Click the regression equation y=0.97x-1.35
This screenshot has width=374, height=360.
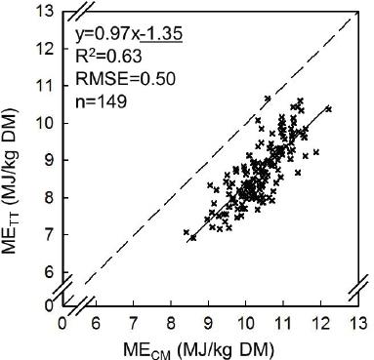pos(129,34)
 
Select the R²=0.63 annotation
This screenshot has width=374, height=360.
pos(108,57)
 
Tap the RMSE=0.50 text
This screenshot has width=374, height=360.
pos(125,79)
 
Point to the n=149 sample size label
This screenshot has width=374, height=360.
pos(101,101)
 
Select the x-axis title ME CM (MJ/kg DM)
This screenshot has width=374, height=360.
pos(198,350)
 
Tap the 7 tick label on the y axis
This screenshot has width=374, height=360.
pos(49,234)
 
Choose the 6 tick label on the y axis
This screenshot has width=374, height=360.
pos(49,271)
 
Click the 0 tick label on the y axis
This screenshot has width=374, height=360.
pos(49,305)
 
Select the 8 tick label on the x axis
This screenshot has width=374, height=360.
pos(171,324)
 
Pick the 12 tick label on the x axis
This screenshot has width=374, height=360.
pos(321,324)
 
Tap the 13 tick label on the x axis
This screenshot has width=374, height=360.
pos(358,324)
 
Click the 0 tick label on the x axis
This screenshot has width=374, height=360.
pos(62,324)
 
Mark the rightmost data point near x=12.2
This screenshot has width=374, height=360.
pos(328,109)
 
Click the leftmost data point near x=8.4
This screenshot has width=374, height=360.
pos(187,232)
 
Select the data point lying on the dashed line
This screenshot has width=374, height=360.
pos(268,99)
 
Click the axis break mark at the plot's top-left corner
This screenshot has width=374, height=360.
pos(82,12)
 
